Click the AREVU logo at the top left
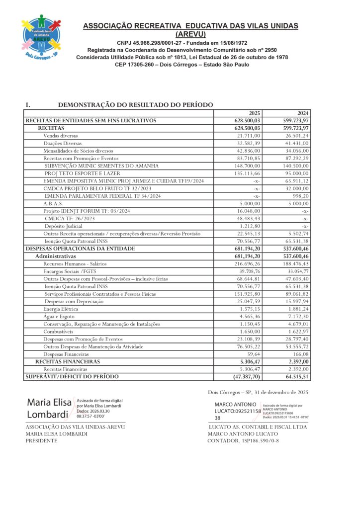[41, 38]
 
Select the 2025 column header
[254, 113]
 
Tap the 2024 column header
[303, 113]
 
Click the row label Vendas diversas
[60, 136]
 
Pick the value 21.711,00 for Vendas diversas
[249, 136]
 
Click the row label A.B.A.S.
[53, 203]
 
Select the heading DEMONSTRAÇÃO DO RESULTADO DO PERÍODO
[135, 105]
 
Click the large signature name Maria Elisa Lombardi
[49, 408]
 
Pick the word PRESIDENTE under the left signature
[41, 441]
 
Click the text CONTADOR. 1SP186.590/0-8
[243, 441]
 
